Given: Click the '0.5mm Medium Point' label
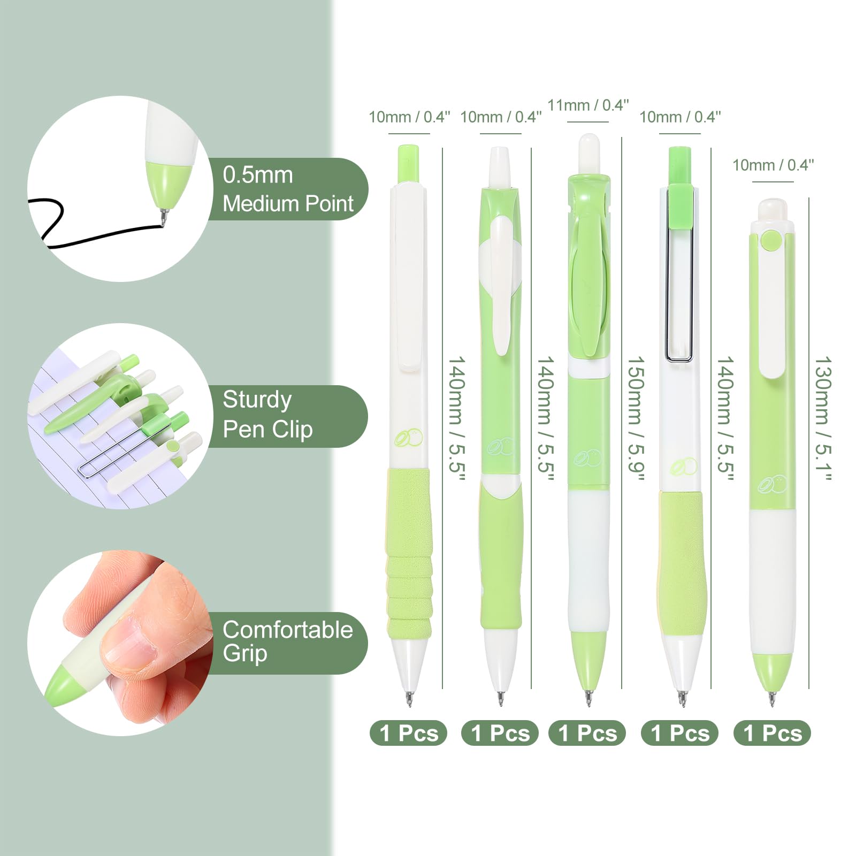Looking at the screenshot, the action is click(x=288, y=189).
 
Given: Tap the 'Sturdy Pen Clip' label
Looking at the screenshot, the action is click(x=267, y=415).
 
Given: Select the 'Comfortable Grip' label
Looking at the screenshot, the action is click(x=287, y=641).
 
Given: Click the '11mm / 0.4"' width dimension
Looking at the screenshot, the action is click(x=588, y=105).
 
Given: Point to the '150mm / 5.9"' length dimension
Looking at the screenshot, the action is click(x=636, y=418).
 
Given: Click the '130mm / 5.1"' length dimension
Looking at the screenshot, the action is click(x=823, y=418).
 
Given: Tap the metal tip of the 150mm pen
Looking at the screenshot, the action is click(x=588, y=698).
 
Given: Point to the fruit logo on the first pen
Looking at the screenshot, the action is click(x=409, y=438).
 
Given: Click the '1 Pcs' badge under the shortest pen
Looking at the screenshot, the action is click(x=772, y=733).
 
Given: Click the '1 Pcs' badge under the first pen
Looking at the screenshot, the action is click(x=408, y=733).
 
